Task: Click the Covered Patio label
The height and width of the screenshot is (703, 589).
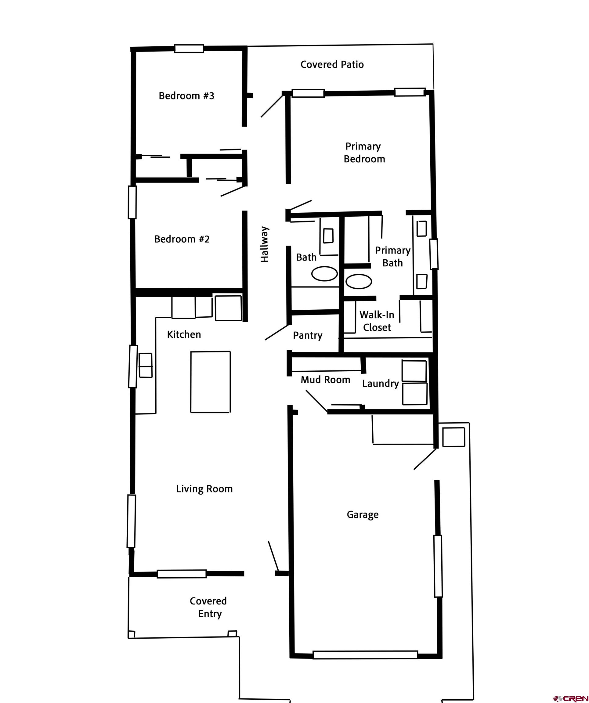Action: (332, 64)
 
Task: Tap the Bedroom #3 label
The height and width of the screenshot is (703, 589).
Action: (186, 96)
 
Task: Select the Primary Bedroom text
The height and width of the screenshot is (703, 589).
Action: (364, 152)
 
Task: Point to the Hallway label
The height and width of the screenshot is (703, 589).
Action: (265, 244)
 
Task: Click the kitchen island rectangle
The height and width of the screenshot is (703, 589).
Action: (210, 382)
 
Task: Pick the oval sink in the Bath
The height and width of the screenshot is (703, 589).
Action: (324, 273)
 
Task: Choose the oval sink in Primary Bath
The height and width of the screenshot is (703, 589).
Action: (359, 281)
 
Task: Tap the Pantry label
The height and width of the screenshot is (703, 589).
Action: (307, 335)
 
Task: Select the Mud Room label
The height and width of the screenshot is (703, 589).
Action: (325, 380)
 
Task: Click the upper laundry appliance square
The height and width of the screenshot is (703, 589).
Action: (414, 371)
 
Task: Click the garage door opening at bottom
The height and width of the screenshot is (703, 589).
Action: (365, 654)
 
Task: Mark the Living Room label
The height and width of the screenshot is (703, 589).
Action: (204, 489)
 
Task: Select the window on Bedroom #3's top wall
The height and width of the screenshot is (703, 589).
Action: (189, 49)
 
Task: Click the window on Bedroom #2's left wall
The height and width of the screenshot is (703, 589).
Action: (132, 202)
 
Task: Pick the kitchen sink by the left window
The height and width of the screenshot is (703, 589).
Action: (146, 365)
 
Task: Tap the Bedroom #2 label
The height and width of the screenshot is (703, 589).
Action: (182, 239)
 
